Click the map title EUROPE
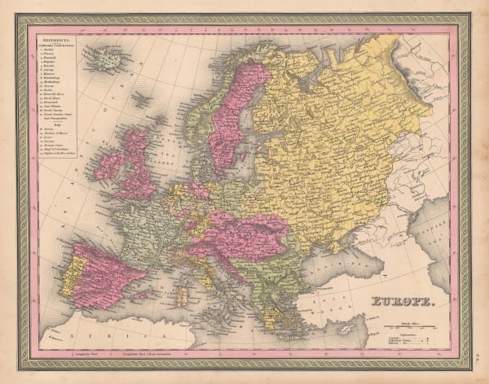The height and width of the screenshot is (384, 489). coord(404,308)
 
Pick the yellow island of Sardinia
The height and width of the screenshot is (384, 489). coord(183,289)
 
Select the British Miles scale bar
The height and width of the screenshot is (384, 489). coord(406,327)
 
